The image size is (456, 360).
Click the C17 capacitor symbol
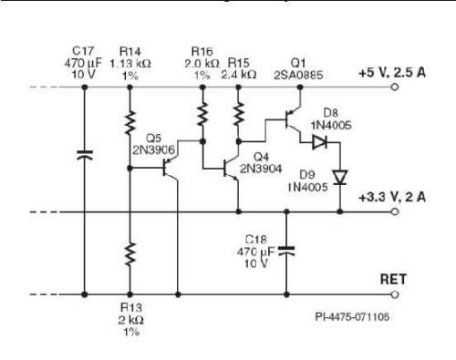click(84, 156)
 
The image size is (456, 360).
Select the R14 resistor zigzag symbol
click(130, 122)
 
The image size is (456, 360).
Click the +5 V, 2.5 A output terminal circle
click(395, 88)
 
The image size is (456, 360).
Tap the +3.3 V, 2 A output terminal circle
click(395, 212)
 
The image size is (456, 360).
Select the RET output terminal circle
click(395, 295)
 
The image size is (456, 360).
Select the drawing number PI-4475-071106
click(353, 318)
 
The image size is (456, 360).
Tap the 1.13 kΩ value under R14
click(130, 63)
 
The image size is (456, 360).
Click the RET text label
click(392, 280)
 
